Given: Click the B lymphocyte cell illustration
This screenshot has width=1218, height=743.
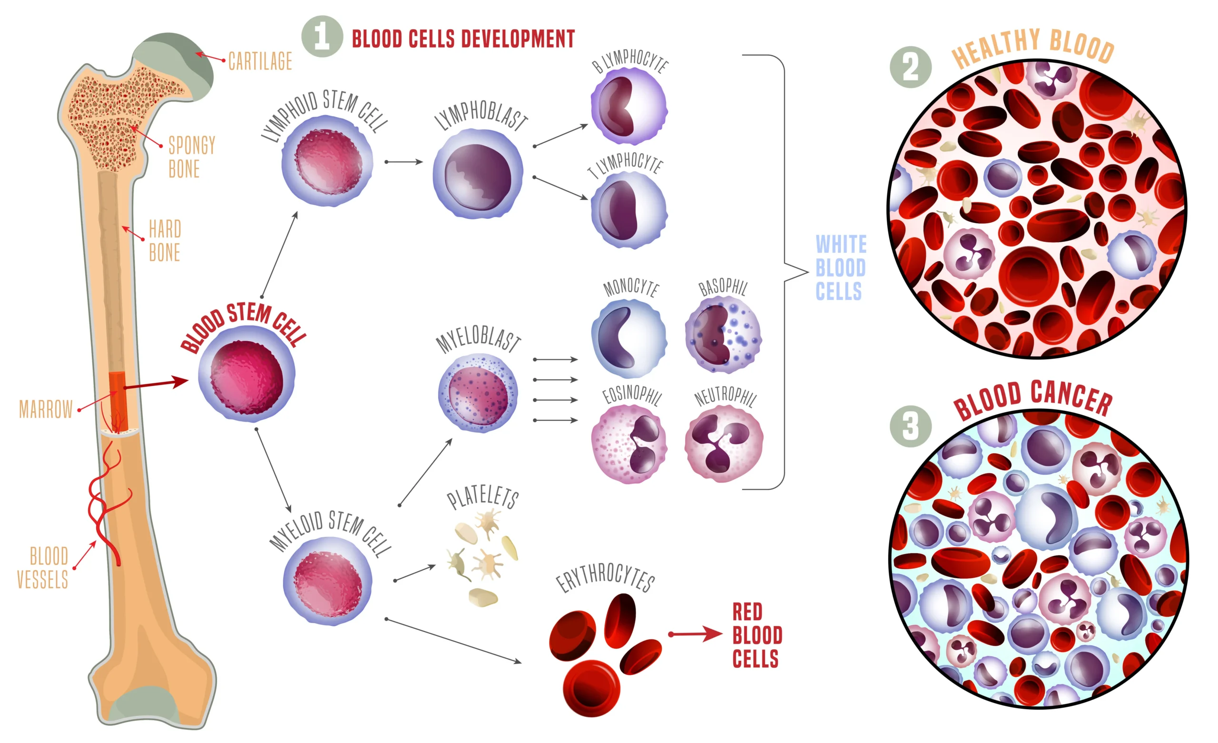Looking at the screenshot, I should point(629,106).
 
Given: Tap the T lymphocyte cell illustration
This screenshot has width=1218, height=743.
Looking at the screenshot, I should point(629,210).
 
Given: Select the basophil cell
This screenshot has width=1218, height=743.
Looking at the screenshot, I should point(723,335).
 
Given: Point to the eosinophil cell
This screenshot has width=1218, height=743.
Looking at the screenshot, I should point(629,444).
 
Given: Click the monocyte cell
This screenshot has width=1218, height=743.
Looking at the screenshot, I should point(629,338).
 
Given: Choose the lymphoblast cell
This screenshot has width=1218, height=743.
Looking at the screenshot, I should point(478,174).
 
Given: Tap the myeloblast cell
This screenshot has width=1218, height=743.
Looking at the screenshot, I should point(478,393).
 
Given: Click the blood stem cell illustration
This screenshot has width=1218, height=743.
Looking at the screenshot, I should point(246,374).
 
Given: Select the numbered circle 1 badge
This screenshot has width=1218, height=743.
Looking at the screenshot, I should point(322,37).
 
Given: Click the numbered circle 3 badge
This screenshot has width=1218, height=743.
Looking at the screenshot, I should point(910,426).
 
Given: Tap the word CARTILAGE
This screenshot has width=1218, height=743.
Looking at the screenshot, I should point(260,62).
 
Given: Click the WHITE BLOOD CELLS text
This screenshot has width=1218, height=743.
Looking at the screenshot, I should point(840,267).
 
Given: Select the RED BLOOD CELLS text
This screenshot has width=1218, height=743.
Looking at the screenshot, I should point(756,635).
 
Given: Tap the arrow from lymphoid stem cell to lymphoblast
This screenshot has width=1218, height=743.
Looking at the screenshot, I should point(404,162).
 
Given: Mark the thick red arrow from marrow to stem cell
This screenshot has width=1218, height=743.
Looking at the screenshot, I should point(156,383).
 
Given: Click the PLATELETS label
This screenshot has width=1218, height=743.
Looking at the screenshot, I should point(482,497).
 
